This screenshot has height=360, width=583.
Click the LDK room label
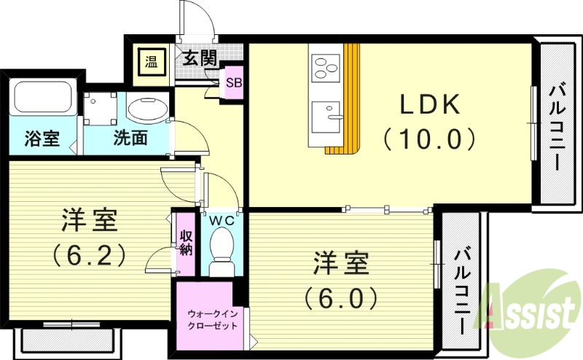pyautogui.click(x=429, y=106)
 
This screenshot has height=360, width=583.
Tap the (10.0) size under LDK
pyautogui.click(x=429, y=138)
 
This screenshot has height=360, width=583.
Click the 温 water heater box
pyautogui.click(x=152, y=60)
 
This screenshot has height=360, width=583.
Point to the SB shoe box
pyautogui.click(x=233, y=82)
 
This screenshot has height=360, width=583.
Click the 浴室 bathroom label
pyautogui.click(x=41, y=137)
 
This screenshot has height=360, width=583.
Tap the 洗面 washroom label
pyautogui.click(x=130, y=137)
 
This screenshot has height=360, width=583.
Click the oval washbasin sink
pyautogui.click(x=148, y=109)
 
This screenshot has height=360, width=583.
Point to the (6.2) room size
pyautogui.click(x=87, y=254)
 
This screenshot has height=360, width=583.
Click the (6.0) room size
pyautogui.click(x=340, y=297)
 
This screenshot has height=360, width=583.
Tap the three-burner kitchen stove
pyautogui.click(x=326, y=67)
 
